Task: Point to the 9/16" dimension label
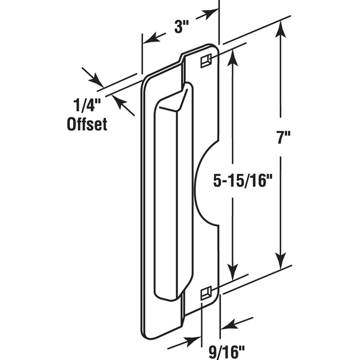point(227,349)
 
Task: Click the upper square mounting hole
point(207,59)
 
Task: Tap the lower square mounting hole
point(206,293)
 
